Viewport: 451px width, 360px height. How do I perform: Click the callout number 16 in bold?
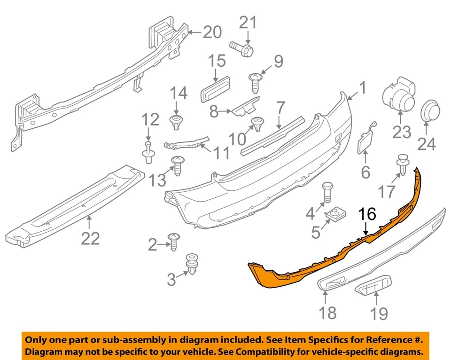[368, 215]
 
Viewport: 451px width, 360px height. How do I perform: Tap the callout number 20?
[211, 32]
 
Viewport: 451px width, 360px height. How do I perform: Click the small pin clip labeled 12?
[148, 153]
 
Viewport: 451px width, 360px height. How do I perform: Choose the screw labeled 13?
[179, 165]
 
